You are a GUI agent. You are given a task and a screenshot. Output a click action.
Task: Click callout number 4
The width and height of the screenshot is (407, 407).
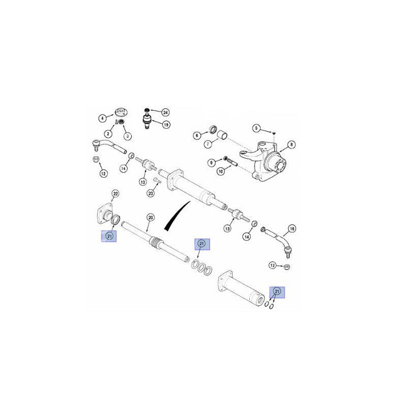103,119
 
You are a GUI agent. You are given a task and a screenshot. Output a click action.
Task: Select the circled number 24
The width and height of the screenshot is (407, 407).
165,112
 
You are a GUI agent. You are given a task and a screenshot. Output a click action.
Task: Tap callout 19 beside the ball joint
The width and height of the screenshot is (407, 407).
166,125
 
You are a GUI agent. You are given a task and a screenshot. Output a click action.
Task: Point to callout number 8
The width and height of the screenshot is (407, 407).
292,144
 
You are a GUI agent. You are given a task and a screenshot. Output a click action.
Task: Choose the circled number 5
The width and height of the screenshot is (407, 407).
256,128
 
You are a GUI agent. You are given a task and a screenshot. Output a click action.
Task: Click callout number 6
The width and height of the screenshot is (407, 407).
197,135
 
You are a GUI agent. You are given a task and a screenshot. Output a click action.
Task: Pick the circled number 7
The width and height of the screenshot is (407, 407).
208,144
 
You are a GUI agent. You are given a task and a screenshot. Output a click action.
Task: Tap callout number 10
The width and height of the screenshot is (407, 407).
221,171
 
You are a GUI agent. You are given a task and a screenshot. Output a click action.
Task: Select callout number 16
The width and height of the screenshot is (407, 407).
292,228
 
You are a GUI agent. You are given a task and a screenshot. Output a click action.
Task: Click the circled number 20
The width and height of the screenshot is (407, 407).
151,218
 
